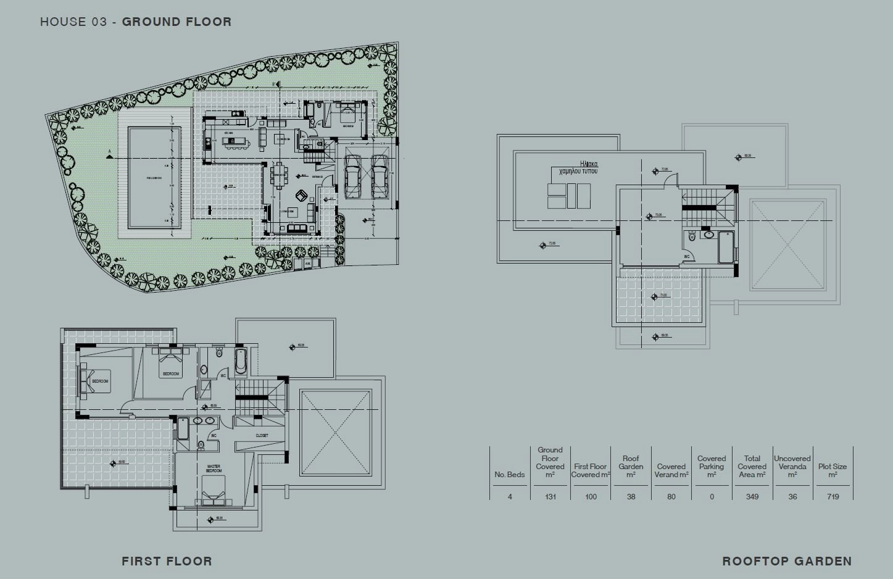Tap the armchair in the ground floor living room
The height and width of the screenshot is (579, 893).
click(x=302, y=196)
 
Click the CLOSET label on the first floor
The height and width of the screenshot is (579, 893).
click(x=262, y=436)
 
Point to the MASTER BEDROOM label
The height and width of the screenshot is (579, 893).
click(x=214, y=469)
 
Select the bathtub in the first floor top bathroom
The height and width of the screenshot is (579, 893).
click(x=240, y=361)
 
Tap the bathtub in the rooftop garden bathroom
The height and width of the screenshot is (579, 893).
click(x=726, y=247)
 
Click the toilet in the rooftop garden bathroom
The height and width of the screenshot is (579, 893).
click(x=692, y=236)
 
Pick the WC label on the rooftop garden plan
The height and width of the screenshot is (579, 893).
click(x=686, y=256)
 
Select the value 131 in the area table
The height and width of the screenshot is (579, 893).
click(x=550, y=496)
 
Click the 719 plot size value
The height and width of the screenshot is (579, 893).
click(x=833, y=496)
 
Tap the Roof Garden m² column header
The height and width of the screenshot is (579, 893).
click(x=631, y=467)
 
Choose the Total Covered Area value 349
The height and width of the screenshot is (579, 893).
click(x=752, y=496)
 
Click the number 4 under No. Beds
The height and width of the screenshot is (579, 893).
click(x=510, y=496)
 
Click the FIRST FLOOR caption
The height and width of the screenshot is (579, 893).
click(x=167, y=561)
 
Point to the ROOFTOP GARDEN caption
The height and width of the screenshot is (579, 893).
click(x=787, y=561)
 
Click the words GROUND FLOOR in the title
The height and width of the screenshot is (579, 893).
click(x=177, y=22)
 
